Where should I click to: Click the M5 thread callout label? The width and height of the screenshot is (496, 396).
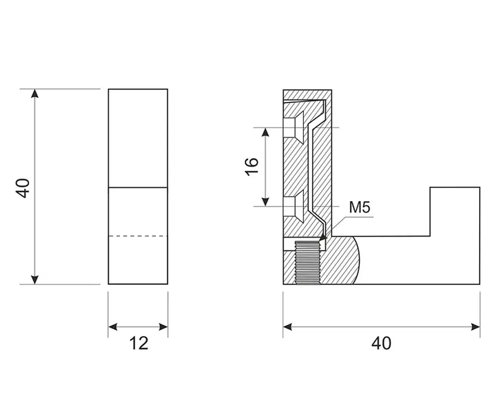359,207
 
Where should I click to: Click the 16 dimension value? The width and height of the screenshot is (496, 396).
252,166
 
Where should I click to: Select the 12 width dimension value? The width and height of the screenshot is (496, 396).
139,343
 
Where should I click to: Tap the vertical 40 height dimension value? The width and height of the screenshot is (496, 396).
23,188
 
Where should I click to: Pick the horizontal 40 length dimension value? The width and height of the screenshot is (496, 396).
381,343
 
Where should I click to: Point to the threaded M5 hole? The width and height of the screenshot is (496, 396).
307,263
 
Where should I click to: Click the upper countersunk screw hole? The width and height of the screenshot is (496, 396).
294,128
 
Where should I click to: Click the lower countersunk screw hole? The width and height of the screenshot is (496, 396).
294,206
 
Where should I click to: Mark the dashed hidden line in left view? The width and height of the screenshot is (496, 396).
138,236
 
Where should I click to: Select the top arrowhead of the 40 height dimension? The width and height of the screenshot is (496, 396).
35,93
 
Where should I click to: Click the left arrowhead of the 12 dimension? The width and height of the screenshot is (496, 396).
112,327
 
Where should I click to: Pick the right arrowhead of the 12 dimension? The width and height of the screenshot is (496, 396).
163,327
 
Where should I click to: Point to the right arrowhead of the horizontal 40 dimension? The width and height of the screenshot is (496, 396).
476,327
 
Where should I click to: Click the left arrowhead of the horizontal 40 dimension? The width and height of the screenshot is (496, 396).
288,327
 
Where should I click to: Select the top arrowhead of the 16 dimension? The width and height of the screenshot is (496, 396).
266,132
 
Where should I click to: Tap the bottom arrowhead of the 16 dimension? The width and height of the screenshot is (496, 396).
266,202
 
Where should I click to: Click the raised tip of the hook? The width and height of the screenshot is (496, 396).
455,212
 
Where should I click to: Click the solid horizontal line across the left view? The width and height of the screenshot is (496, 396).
138,188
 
